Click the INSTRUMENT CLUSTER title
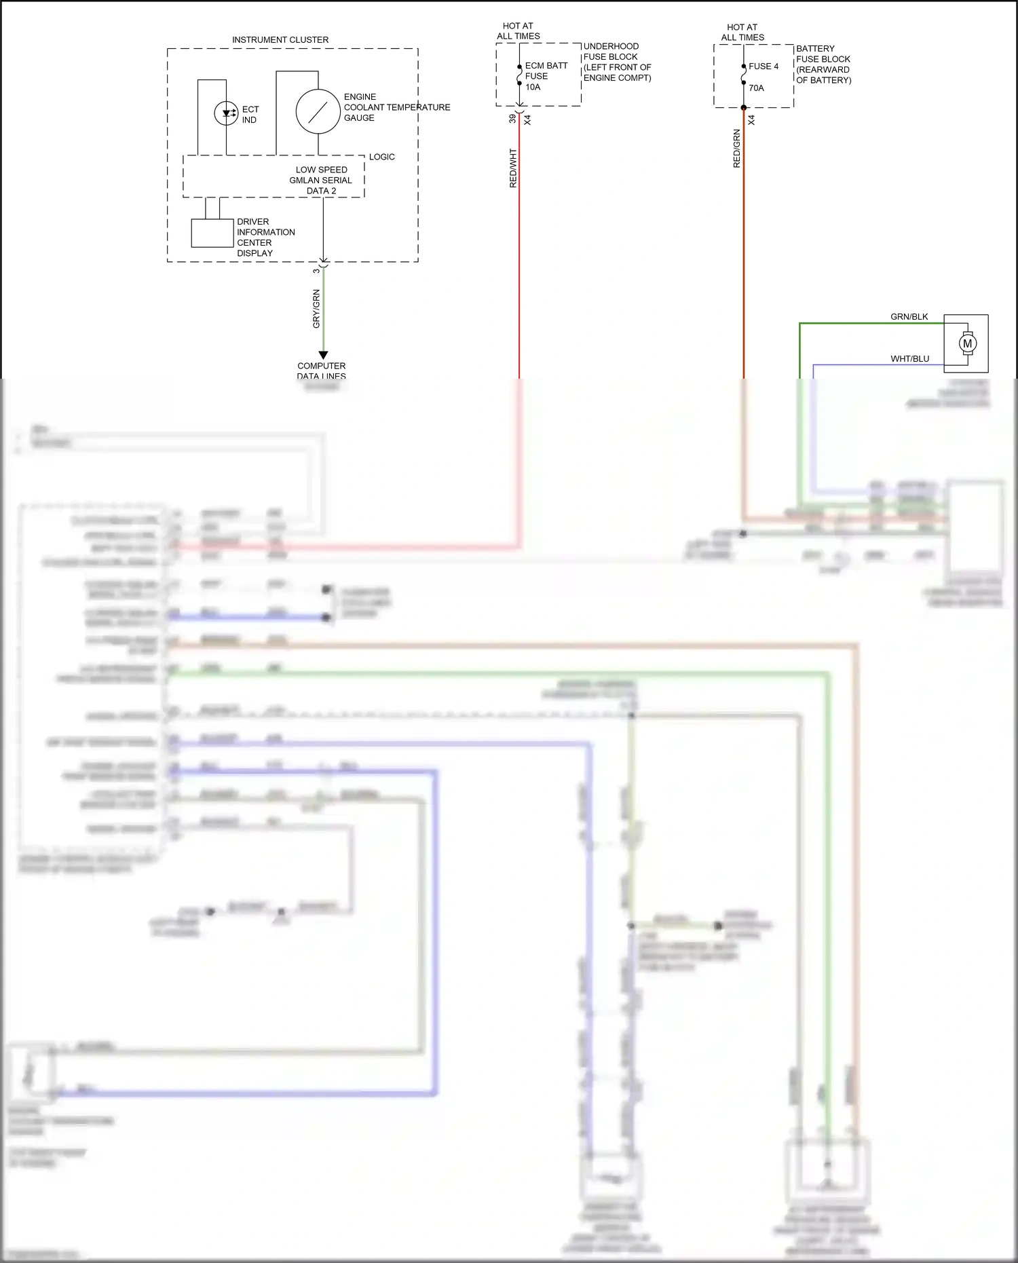280,40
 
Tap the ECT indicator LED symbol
226,113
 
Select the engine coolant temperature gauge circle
318,111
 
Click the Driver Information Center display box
212,233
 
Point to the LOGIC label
381,157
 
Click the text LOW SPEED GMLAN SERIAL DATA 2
321,181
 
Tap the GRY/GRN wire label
316,309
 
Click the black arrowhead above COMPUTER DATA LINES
323,355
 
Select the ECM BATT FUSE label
546,71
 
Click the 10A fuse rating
533,87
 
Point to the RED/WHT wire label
513,168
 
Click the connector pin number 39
512,119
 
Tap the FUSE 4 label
763,67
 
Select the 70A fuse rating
756,88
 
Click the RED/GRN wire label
737,149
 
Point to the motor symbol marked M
968,343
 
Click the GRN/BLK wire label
909,317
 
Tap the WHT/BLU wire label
909,359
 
